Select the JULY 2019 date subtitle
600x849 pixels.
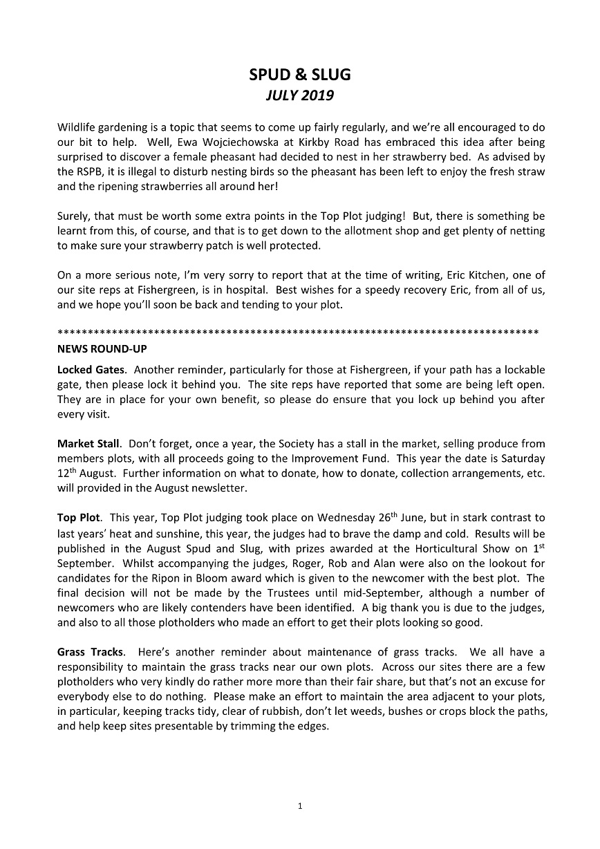[300, 96]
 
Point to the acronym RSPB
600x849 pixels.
[90, 171]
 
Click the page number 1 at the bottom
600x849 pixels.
[300, 805]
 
